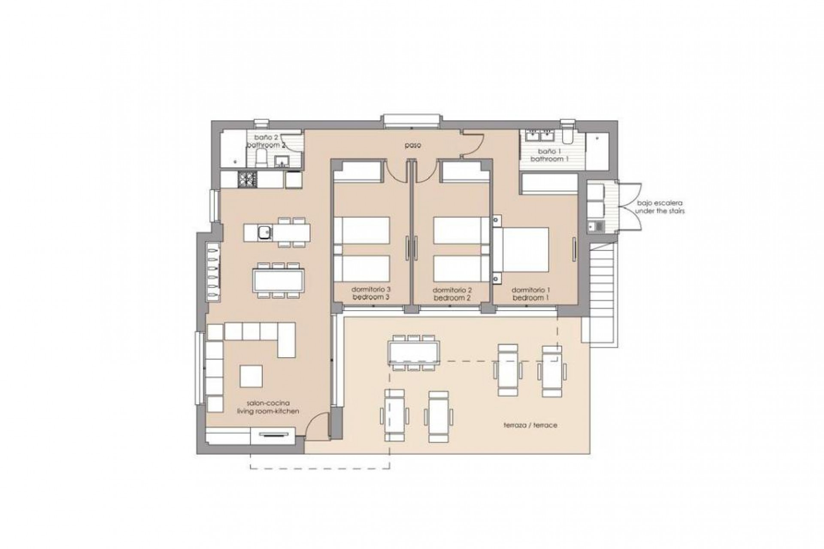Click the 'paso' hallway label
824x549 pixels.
[412, 145]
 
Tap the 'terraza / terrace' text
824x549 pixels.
[530, 425]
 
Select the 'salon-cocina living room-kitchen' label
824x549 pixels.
[268, 407]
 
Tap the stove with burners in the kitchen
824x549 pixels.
[247, 179]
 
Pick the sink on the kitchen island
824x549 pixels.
[263, 233]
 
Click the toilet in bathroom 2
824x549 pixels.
[261, 161]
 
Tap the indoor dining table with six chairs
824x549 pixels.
[279, 280]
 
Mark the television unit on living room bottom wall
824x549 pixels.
[271, 434]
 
